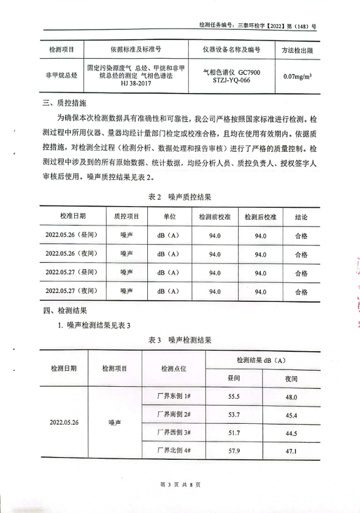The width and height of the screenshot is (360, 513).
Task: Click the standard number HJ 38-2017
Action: (x=135, y=83)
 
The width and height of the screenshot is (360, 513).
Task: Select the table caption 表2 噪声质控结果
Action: (x=179, y=197)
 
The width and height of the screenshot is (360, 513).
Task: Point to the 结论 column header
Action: (x=301, y=216)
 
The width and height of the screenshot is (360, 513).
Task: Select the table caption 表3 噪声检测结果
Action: (x=179, y=340)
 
